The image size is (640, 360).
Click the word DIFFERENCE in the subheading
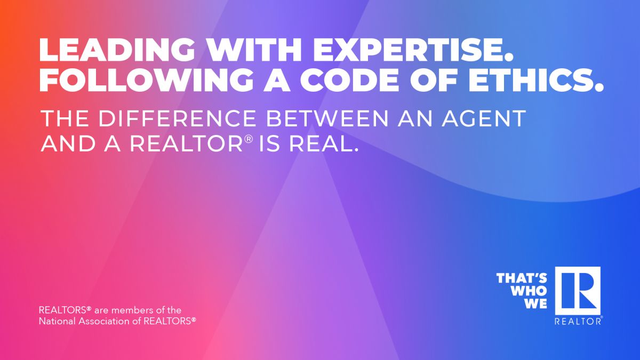point(177,118)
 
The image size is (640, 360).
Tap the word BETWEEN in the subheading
point(327,118)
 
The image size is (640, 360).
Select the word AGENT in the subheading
point(484,118)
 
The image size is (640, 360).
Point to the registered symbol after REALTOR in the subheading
point(249,139)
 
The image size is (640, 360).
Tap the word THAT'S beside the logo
point(522,278)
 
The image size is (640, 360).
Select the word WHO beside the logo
point(529,291)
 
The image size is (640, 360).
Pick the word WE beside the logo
point(535,303)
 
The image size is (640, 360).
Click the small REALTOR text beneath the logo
point(578,321)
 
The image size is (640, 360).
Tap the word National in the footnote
point(58,321)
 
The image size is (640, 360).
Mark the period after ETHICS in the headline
point(599,87)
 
